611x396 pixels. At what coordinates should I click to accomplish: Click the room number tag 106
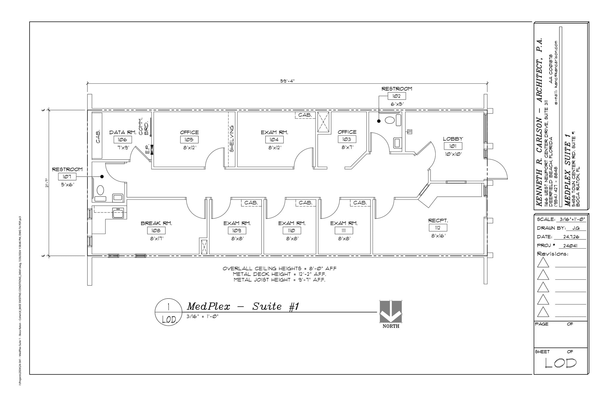[x=122, y=140]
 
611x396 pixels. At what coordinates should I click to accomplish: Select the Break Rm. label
[x=156, y=223]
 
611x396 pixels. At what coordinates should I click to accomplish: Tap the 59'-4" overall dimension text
[x=287, y=81]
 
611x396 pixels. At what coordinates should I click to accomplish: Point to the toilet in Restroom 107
[x=100, y=190]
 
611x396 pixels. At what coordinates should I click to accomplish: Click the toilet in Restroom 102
[x=389, y=120]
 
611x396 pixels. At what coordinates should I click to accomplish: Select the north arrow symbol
[x=391, y=312]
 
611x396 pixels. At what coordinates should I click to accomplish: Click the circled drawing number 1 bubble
[x=169, y=312]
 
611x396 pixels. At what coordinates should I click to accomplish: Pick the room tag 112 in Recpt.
[x=438, y=228]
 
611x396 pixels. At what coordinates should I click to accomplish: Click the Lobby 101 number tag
[x=453, y=146]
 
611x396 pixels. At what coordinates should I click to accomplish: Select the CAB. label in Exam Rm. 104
[x=305, y=115]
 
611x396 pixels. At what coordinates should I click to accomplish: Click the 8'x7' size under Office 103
[x=347, y=147]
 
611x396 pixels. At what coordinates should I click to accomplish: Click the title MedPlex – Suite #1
[x=243, y=306]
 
